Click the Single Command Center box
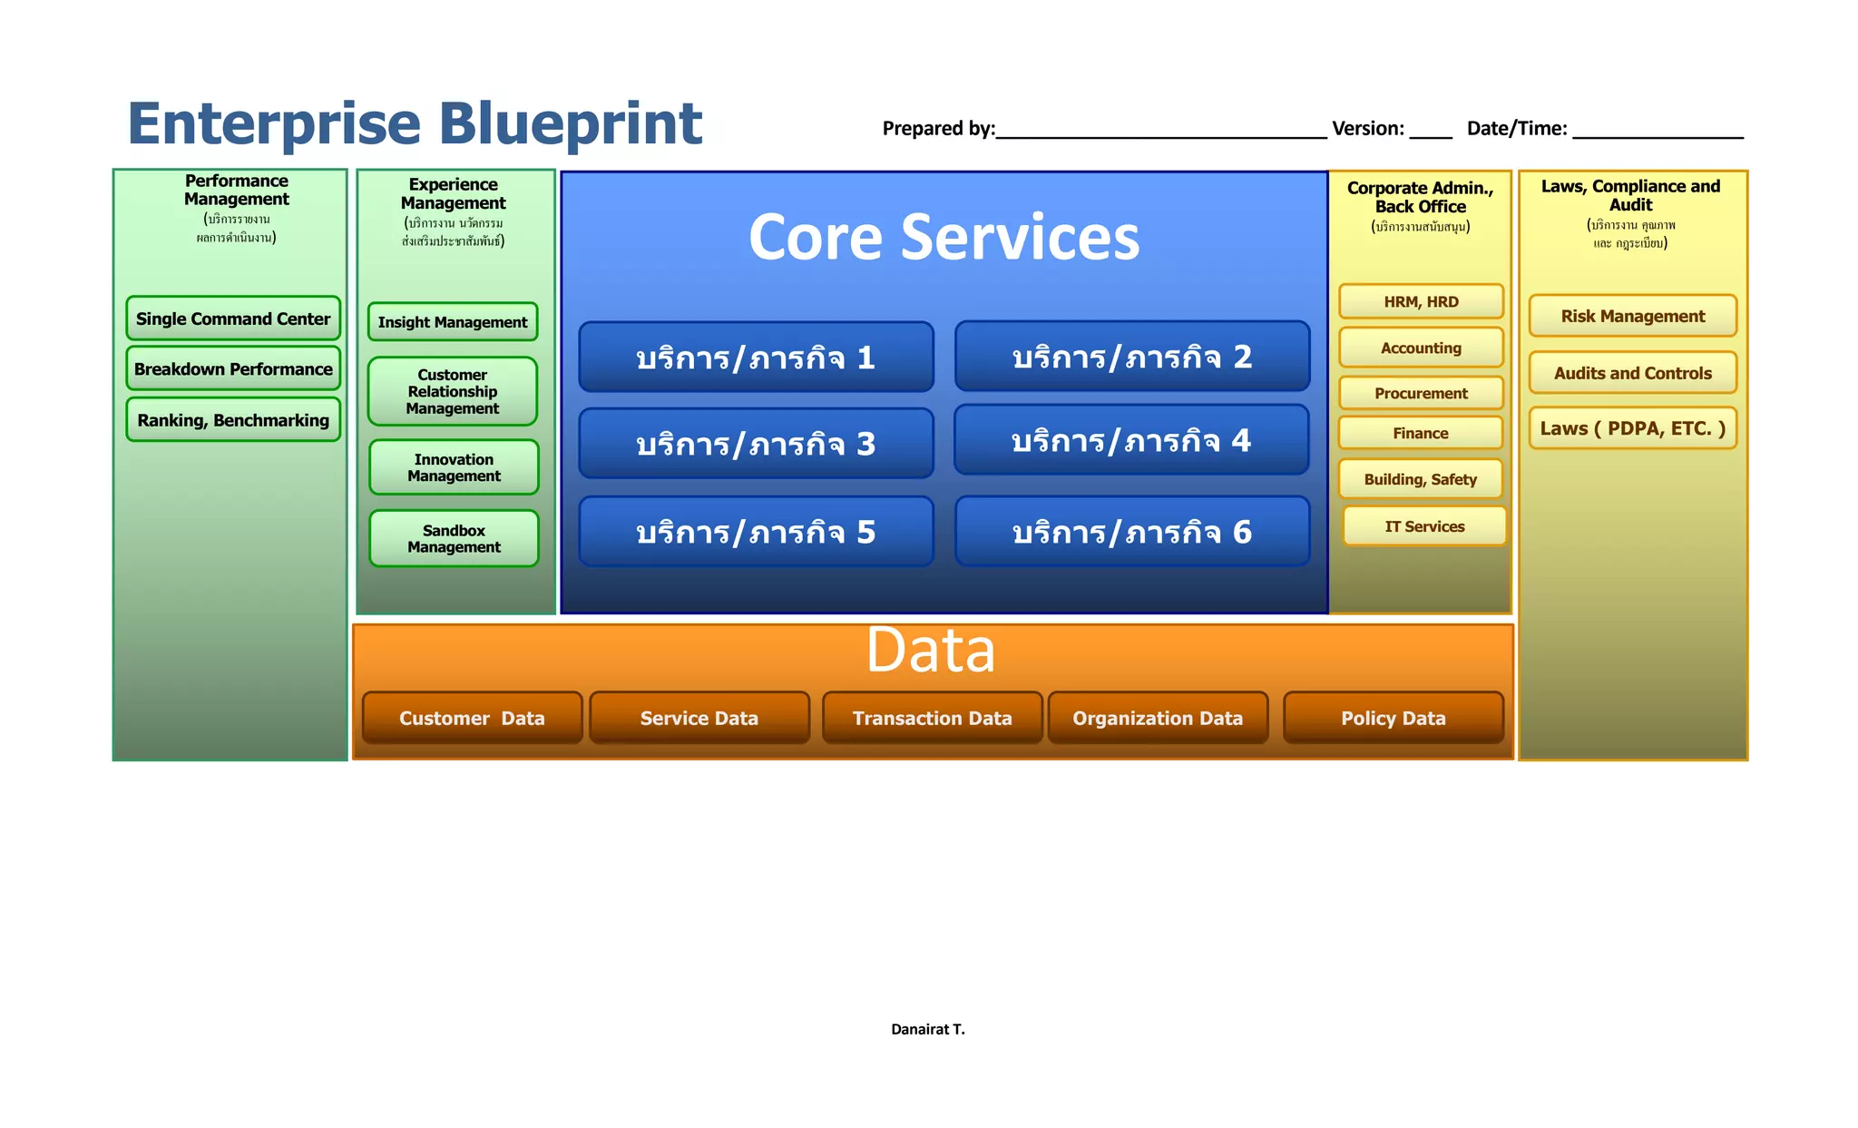[233, 319]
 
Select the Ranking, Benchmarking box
[233, 420]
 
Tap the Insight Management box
[452, 322]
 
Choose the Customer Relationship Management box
[452, 391]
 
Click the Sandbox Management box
[454, 538]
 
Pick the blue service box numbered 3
[756, 444]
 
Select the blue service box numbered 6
[1131, 532]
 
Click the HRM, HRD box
[1421, 301]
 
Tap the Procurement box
[1421, 393]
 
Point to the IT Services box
[1424, 526]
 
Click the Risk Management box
[1632, 316]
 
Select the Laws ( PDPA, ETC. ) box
[1632, 428]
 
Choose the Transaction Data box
[932, 718]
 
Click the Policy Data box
[1393, 718]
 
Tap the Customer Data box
[472, 718]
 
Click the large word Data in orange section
[930, 651]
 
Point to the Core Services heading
[944, 238]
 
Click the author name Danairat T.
[927, 1029]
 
